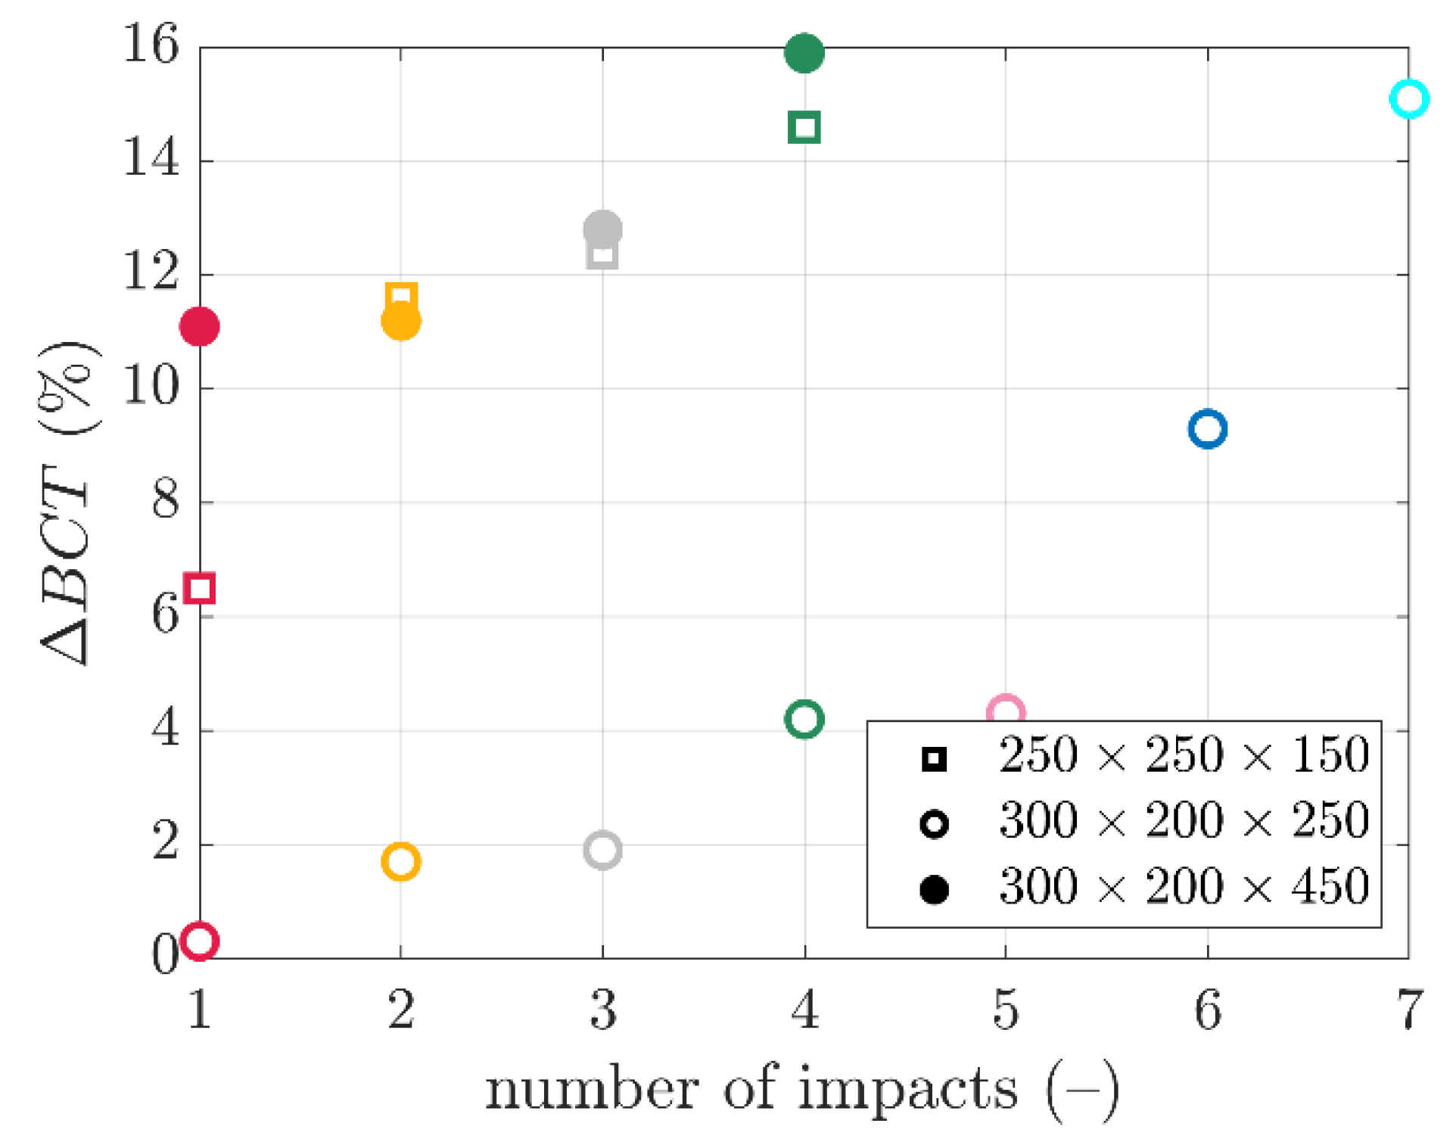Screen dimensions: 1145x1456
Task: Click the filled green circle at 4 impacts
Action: click(x=804, y=53)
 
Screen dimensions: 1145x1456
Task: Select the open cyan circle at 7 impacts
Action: click(x=1408, y=98)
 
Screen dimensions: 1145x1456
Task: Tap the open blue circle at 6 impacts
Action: click(x=1207, y=429)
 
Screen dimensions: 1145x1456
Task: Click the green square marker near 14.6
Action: click(x=804, y=127)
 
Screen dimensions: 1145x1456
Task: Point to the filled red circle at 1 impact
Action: click(x=200, y=326)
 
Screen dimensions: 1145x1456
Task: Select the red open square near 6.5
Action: click(x=200, y=588)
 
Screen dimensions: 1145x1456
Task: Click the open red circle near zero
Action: click(x=200, y=941)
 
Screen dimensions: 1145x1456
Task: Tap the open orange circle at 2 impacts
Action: click(x=400, y=860)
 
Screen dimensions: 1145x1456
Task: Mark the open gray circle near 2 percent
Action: click(x=602, y=849)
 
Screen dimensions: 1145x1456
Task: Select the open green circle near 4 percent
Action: click(x=804, y=718)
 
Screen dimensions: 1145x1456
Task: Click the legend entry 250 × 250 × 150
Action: click(x=1183, y=755)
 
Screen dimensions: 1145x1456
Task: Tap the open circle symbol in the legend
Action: click(x=934, y=823)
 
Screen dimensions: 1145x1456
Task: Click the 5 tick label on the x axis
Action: click(x=1005, y=1010)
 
